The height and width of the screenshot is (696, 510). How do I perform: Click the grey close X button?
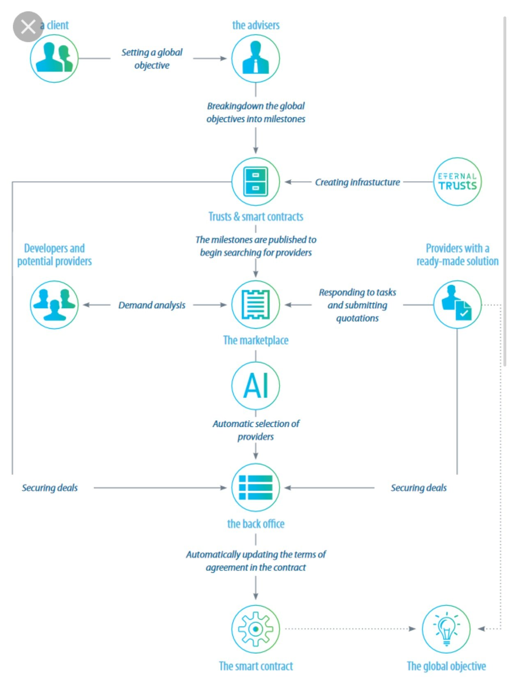click(28, 27)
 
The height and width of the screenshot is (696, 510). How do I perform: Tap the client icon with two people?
click(54, 58)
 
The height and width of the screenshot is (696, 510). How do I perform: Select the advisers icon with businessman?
click(255, 58)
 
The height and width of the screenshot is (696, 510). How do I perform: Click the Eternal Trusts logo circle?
click(457, 182)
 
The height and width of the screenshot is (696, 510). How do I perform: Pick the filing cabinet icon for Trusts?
click(255, 182)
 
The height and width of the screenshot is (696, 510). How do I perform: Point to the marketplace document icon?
click(255, 304)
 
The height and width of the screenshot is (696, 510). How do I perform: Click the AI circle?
click(255, 385)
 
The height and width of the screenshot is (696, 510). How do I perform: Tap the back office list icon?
click(255, 488)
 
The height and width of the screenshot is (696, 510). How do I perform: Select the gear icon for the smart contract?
click(255, 629)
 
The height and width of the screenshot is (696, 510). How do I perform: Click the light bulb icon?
click(446, 629)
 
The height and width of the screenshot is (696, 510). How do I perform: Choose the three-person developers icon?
click(54, 304)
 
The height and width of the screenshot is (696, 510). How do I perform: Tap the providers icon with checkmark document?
click(457, 304)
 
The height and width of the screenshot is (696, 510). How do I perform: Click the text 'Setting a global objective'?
click(152, 59)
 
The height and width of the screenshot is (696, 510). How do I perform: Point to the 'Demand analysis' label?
click(152, 305)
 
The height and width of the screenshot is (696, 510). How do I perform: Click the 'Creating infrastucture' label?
click(357, 182)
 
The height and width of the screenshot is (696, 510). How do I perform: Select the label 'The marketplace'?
click(255, 340)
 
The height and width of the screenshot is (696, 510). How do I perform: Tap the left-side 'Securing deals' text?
click(50, 488)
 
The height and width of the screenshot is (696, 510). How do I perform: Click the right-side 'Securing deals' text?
click(418, 488)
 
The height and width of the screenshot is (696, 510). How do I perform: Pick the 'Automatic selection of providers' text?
click(255, 430)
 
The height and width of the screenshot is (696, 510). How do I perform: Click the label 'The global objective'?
click(446, 666)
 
